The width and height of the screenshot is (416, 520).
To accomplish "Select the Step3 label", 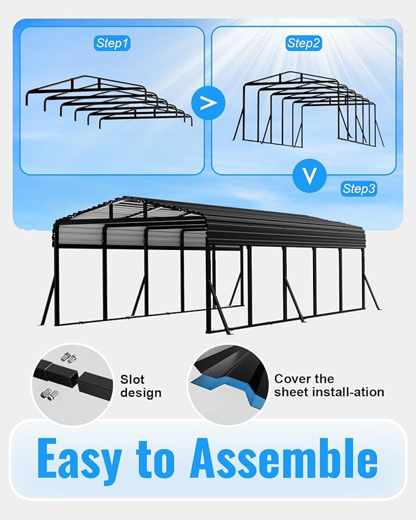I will point(359,189).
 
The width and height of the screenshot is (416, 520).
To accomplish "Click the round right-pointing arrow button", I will point(208,102).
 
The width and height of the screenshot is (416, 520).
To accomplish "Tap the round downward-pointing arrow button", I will point(311,177).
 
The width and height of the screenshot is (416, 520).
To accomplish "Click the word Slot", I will point(132,380).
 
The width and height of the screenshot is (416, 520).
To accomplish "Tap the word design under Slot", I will point(141,393).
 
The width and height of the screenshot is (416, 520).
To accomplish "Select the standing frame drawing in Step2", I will point(306,110).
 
